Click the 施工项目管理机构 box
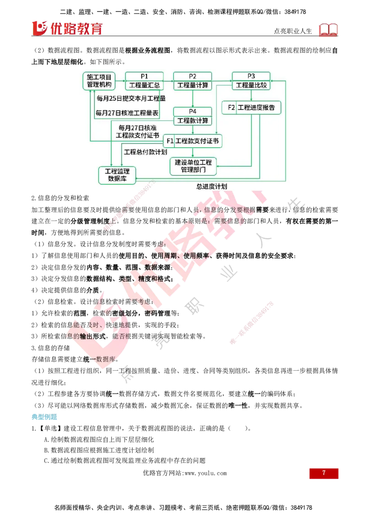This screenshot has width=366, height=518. (99, 81)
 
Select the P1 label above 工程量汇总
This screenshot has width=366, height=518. (145, 76)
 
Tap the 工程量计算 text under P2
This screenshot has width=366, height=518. (193, 85)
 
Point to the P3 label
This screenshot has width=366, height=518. (251, 76)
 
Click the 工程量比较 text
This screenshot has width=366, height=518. (251, 85)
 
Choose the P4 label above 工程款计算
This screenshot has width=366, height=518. (193, 112)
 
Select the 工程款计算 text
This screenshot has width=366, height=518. (193, 121)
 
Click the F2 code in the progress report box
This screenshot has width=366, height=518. (231, 108)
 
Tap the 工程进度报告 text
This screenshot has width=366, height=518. (257, 108)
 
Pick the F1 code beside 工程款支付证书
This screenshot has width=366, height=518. (170, 141)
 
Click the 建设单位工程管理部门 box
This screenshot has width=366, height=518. (193, 166)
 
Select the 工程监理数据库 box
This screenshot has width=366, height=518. (118, 175)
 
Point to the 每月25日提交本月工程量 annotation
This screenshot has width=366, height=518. (131, 98)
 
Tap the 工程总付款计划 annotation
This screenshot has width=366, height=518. (145, 151)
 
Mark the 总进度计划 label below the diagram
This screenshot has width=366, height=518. (212, 186)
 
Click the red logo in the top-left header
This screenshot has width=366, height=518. (67, 27)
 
